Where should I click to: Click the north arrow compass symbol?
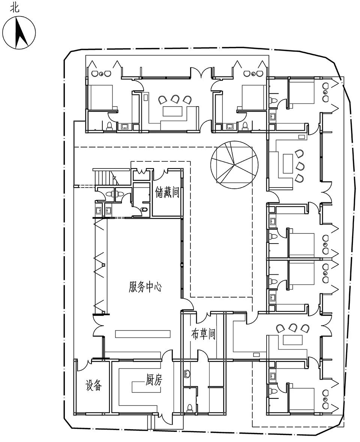pyautogui.click(x=19, y=33)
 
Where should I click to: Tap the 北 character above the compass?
pyautogui.click(x=15, y=8)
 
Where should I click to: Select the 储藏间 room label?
pyautogui.click(x=167, y=193)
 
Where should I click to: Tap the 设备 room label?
pyautogui.click(x=93, y=385)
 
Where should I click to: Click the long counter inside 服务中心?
pyautogui.click(x=142, y=334)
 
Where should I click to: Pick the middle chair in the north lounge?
pyautogui.click(x=175, y=99)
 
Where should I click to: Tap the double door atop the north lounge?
pyautogui.click(x=201, y=72)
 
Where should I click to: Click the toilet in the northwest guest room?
pyautogui.click(x=110, y=126)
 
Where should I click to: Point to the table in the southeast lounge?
pyautogui.click(x=292, y=340)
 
